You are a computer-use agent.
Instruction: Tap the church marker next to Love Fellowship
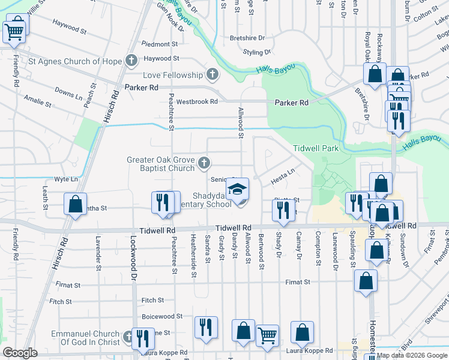tap(211, 75)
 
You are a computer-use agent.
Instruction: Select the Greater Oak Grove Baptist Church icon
tap(204, 163)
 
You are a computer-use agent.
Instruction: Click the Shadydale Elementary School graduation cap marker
tap(238, 190)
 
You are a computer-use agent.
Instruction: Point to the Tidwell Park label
tap(316, 148)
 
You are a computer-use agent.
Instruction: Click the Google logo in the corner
tap(20, 353)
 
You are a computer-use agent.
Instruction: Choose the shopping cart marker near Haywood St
tap(14, 31)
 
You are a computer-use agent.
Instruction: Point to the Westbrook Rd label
tap(196, 101)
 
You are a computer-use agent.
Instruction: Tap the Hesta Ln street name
tap(283, 172)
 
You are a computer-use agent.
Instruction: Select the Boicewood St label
tap(161, 316)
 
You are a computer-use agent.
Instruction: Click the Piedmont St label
tap(160, 44)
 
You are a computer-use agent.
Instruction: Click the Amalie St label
tap(37, 100)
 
